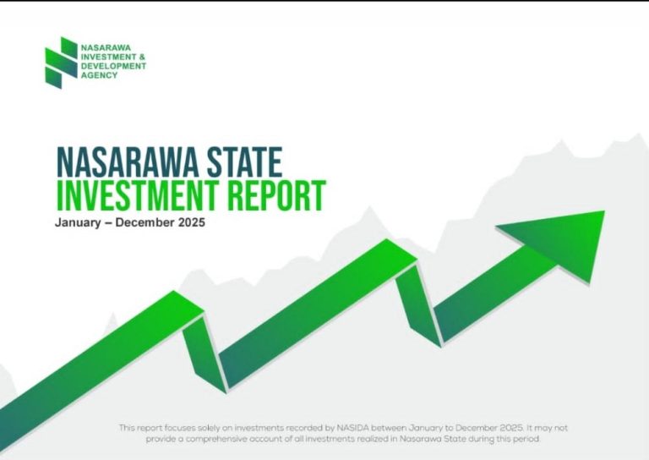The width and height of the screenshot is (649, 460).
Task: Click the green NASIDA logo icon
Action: click(x=61, y=62)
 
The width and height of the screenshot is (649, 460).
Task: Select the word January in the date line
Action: click(x=77, y=224)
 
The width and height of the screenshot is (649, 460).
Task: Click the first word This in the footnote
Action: click(x=127, y=428)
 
